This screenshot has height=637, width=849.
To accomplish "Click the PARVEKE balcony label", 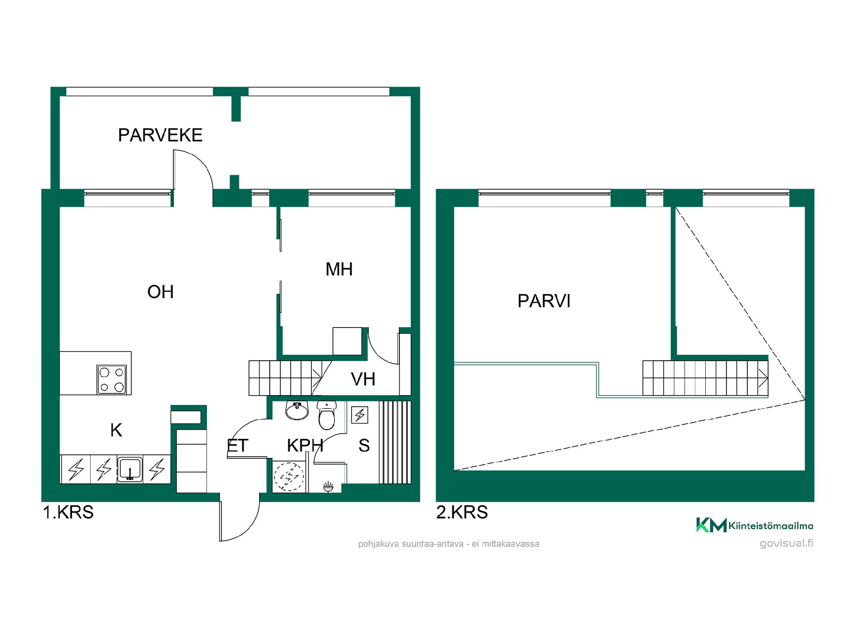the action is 160,135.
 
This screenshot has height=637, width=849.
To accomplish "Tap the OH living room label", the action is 161,292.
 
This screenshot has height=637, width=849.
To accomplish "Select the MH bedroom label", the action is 339,269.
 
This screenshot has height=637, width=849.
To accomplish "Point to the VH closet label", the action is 363,379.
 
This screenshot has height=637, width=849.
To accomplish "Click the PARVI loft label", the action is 544,301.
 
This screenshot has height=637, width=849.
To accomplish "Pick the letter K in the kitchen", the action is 116,430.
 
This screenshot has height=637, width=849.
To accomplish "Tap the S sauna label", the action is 364,446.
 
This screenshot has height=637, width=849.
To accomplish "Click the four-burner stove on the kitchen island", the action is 111,379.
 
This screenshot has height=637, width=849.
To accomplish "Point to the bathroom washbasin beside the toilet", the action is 297,410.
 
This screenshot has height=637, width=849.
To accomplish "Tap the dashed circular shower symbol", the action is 289,477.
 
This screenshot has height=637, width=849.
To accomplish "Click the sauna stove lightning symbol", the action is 360,415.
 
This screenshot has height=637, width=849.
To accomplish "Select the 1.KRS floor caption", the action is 68,512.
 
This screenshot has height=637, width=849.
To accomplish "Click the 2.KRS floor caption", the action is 462,512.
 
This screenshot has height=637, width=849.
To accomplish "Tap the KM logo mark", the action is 711,525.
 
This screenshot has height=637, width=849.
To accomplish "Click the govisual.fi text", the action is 787,544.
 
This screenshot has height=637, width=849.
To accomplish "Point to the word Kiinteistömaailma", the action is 771,526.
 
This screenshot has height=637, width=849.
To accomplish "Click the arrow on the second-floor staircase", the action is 763,378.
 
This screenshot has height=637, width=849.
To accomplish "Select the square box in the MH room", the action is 348,341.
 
